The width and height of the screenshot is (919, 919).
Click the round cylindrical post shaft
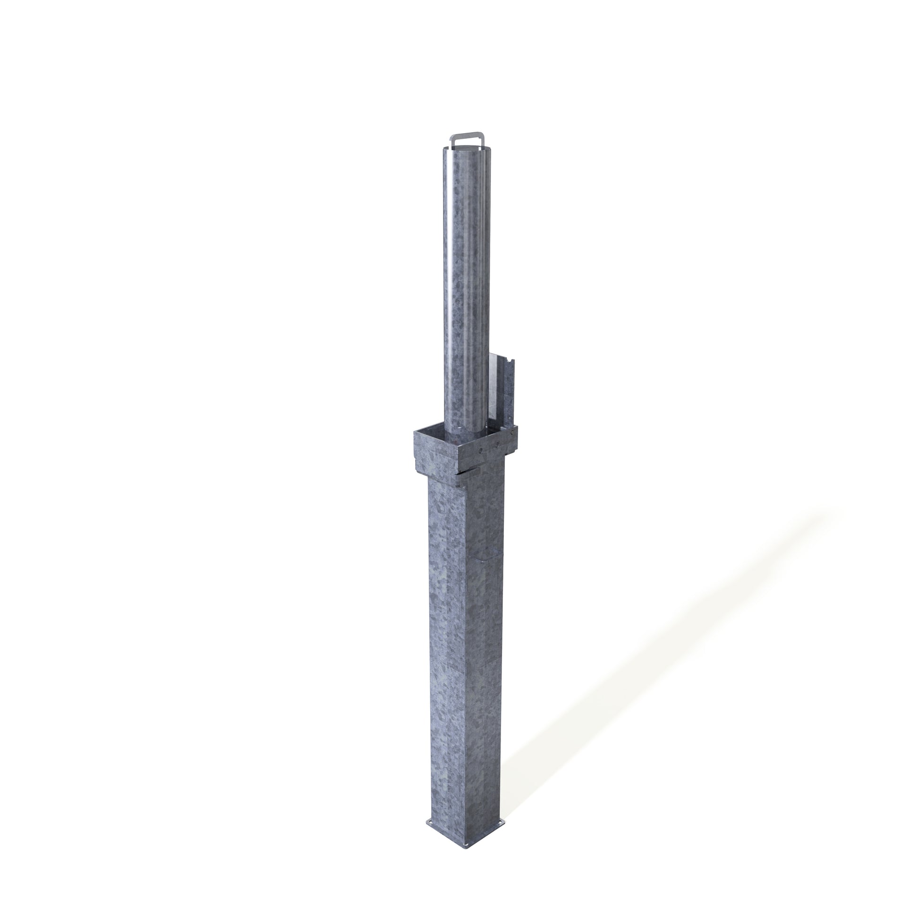tap(466, 285)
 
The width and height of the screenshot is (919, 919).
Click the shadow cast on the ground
tap(642, 690)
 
